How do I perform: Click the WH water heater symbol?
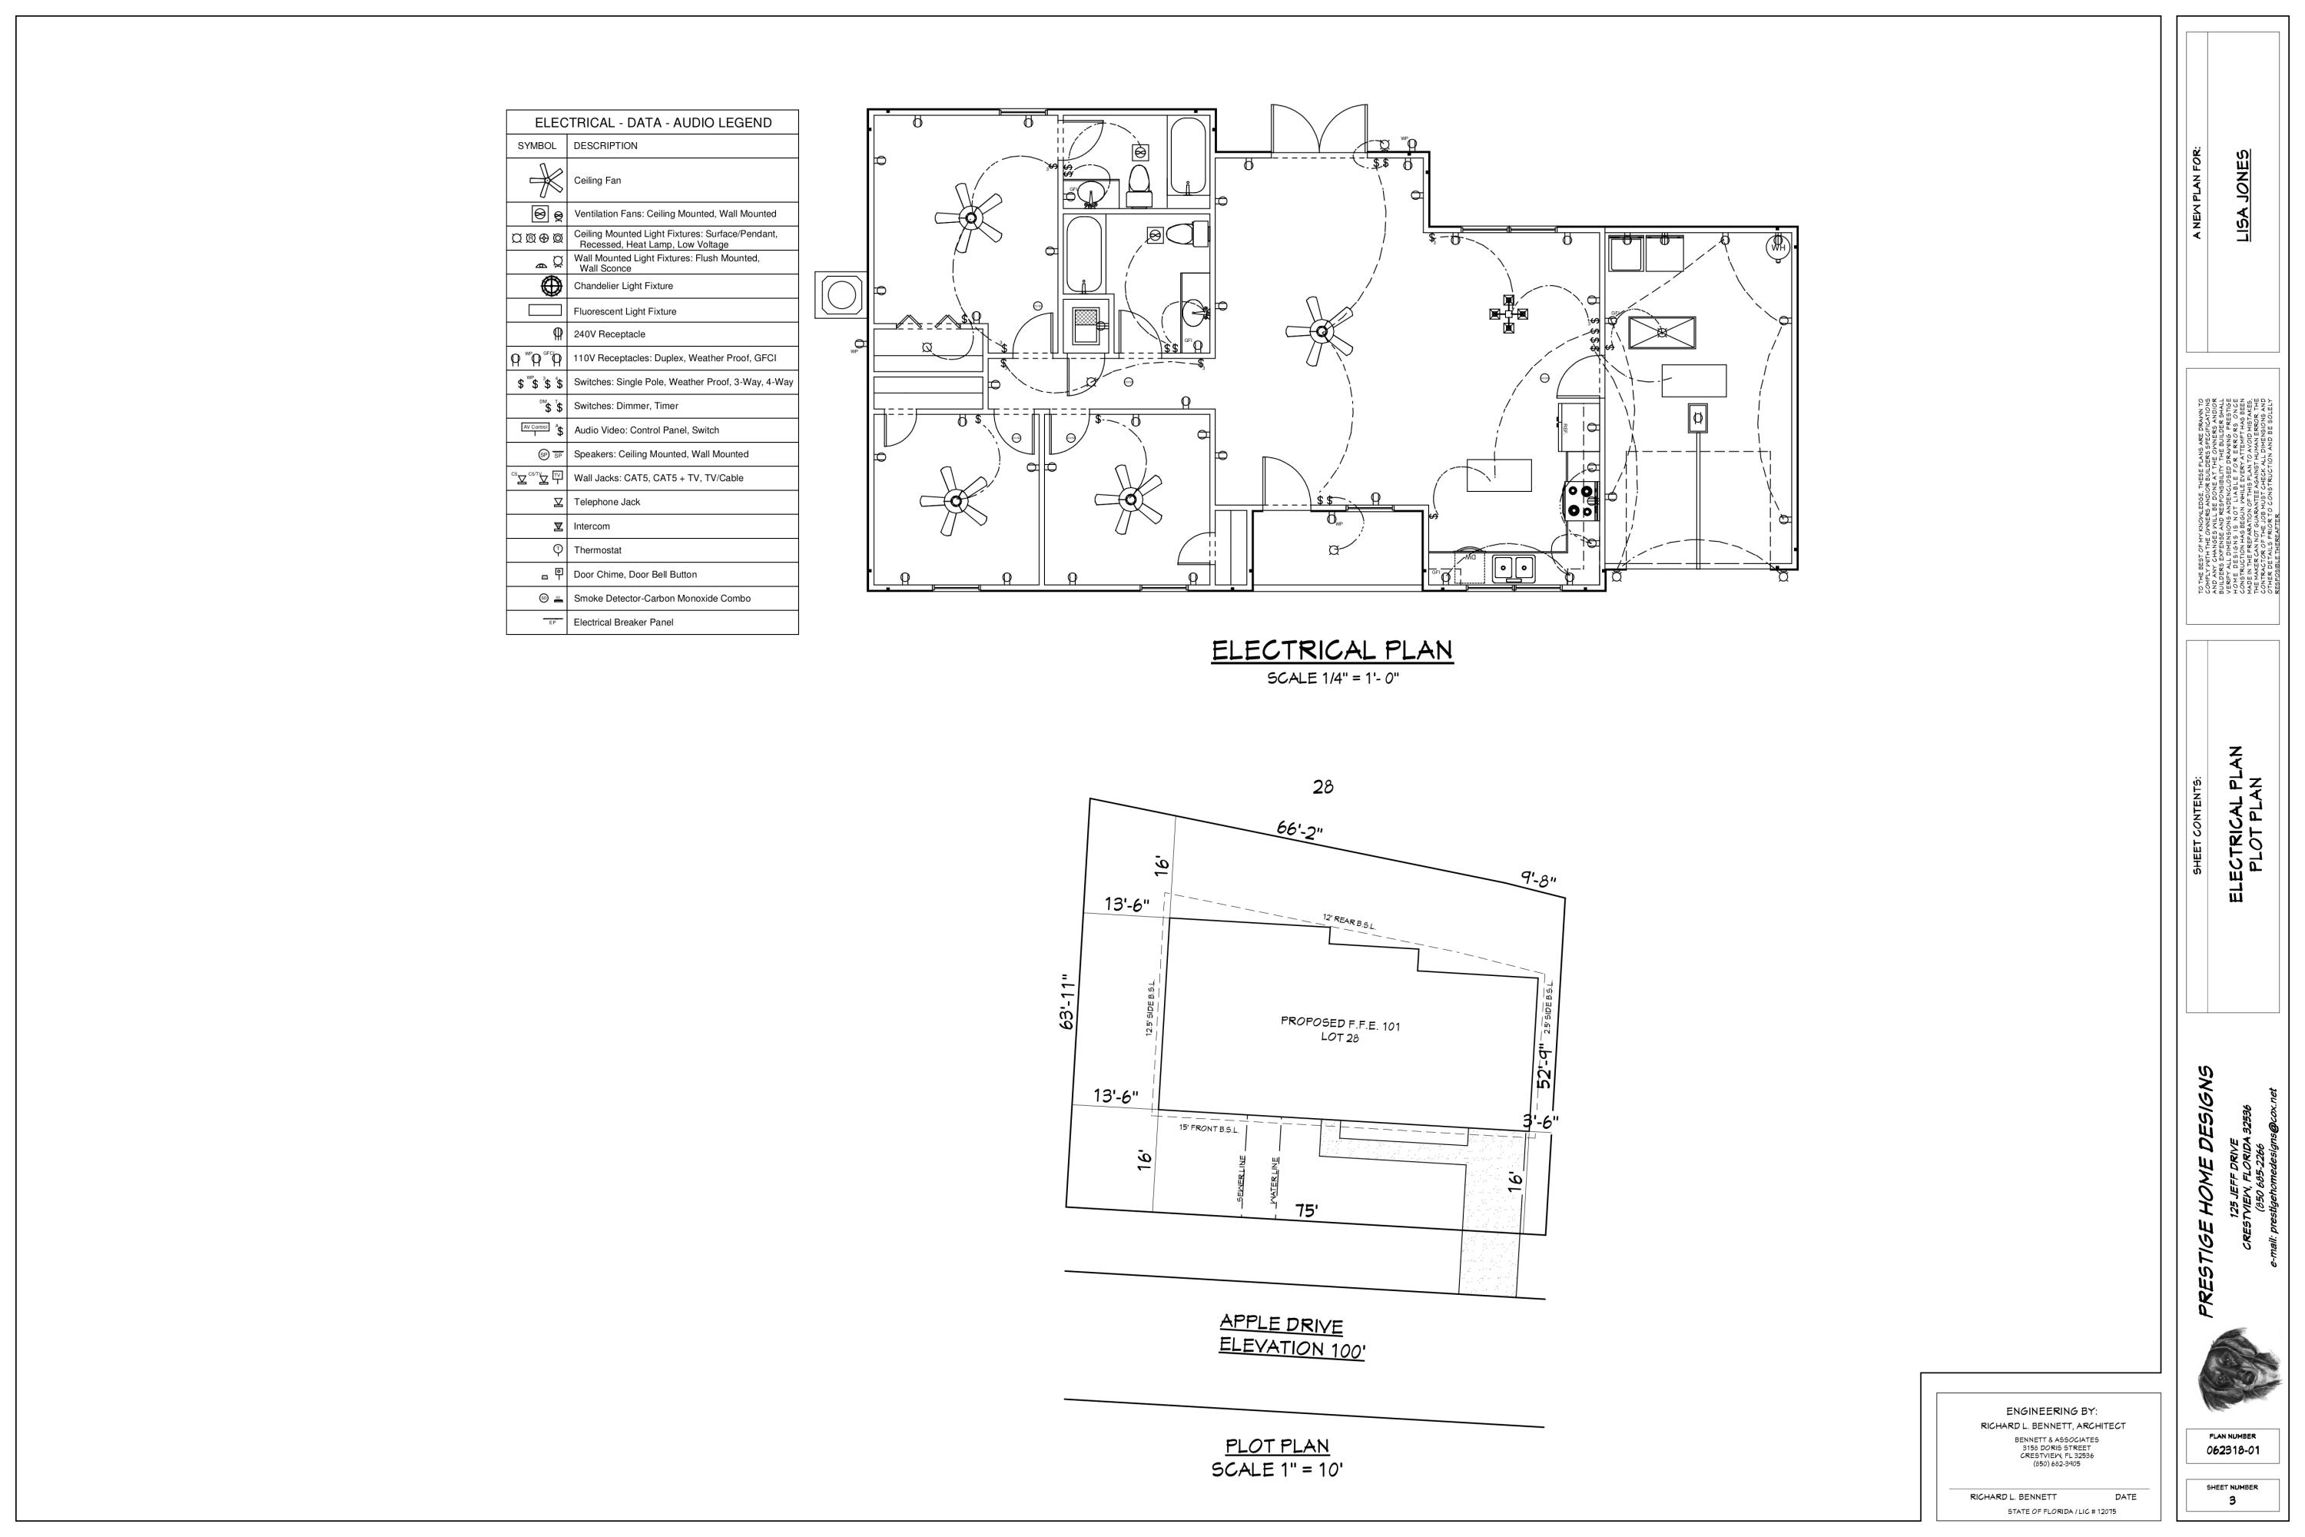pos(1778,247)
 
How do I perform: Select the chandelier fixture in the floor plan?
pos(1508,314)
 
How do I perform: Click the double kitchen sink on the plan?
pos(1513,566)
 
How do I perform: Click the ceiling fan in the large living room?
pos(1321,332)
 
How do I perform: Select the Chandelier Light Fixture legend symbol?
pos(552,286)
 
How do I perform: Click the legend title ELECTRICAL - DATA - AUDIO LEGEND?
pos(652,122)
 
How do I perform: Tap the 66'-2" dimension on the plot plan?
pos(1299,829)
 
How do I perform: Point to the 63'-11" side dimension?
pos(1068,1003)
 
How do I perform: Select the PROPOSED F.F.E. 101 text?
pos(1340,1024)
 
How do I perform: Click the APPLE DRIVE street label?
pos(1281,1324)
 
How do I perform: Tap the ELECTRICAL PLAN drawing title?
pos(1332,651)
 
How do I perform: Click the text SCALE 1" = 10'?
pos(1277,1469)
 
